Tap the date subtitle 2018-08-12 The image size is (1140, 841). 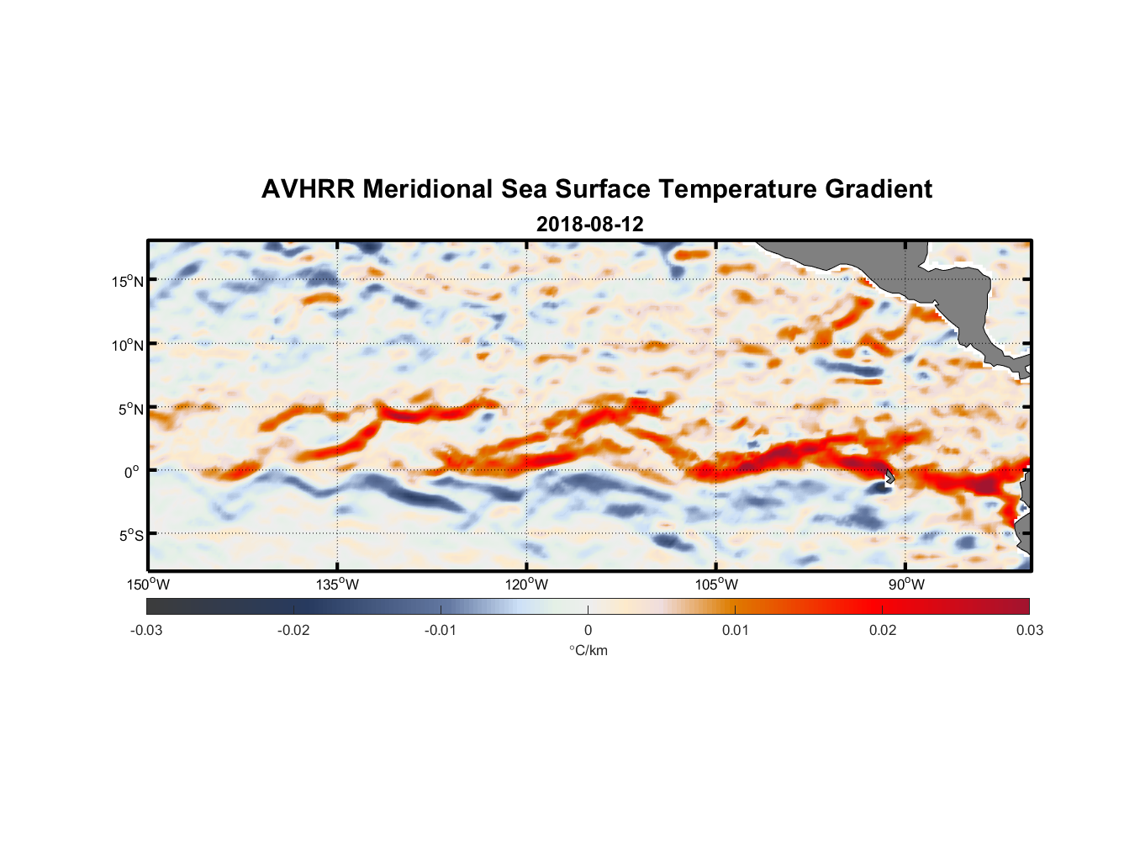click(589, 225)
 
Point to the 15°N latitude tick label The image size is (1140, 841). click(128, 281)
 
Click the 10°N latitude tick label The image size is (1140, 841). click(128, 345)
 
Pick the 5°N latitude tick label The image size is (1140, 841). click(130, 409)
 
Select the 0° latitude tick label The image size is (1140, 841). click(132, 472)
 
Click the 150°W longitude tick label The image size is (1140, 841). click(148, 584)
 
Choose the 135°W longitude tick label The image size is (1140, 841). click(337, 584)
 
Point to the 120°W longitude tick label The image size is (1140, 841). click(526, 584)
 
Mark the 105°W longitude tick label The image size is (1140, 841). click(716, 584)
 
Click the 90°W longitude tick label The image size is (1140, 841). click(906, 584)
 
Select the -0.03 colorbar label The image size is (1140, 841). click(146, 630)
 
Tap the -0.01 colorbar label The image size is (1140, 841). click(441, 630)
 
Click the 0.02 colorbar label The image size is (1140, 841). click(883, 630)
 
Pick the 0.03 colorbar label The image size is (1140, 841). click(1029, 630)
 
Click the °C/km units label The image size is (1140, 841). click(588, 650)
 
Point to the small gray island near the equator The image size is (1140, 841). click(889, 477)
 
